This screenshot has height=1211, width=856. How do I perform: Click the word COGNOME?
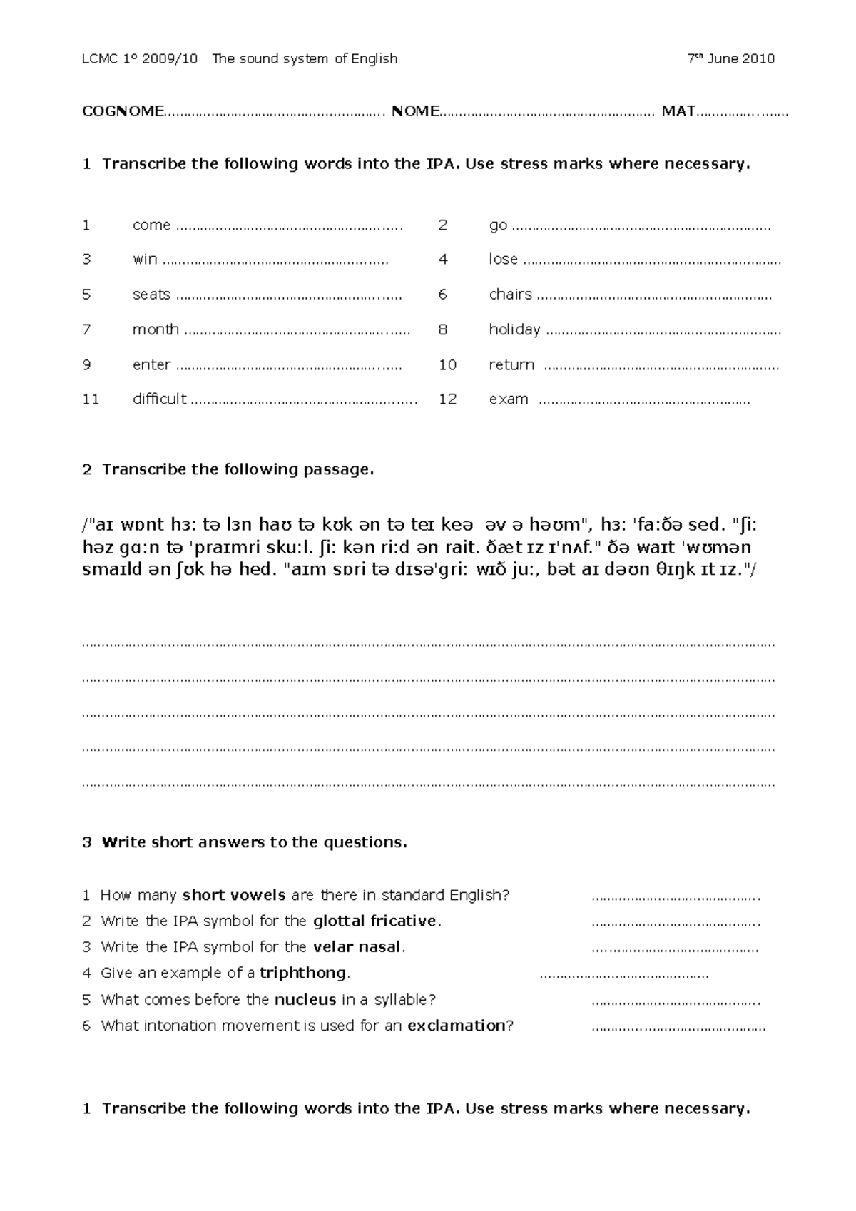[x=123, y=111]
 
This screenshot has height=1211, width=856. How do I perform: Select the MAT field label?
[x=678, y=111]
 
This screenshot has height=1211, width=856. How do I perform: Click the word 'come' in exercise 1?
[x=151, y=225]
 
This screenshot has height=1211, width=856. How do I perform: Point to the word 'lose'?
[x=503, y=260]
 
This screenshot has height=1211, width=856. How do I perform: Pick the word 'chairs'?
[x=510, y=295]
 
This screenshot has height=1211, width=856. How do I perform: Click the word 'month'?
[x=156, y=329]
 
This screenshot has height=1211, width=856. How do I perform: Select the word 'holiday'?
[x=514, y=329]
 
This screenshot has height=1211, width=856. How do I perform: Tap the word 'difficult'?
[x=159, y=399]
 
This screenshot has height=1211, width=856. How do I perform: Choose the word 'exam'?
[x=508, y=399]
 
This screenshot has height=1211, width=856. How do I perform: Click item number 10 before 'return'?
[x=447, y=365]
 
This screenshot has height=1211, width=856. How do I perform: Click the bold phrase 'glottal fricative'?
[x=374, y=921]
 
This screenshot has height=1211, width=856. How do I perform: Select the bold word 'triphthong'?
[x=303, y=974]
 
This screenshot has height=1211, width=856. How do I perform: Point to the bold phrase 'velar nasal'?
[x=357, y=948]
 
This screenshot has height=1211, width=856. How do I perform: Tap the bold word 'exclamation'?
[x=457, y=1026]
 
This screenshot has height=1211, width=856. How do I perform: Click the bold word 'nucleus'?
[x=305, y=1000]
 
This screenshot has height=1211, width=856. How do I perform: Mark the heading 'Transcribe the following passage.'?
[x=238, y=469]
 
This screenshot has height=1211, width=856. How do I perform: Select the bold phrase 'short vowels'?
[x=234, y=896]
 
